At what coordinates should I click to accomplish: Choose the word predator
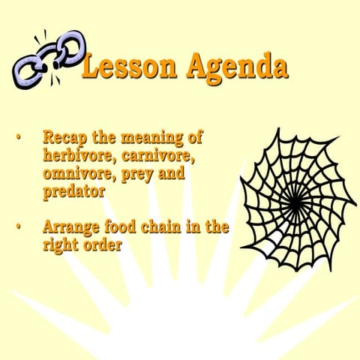pos(73,191)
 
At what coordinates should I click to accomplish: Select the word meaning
pos(160,139)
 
